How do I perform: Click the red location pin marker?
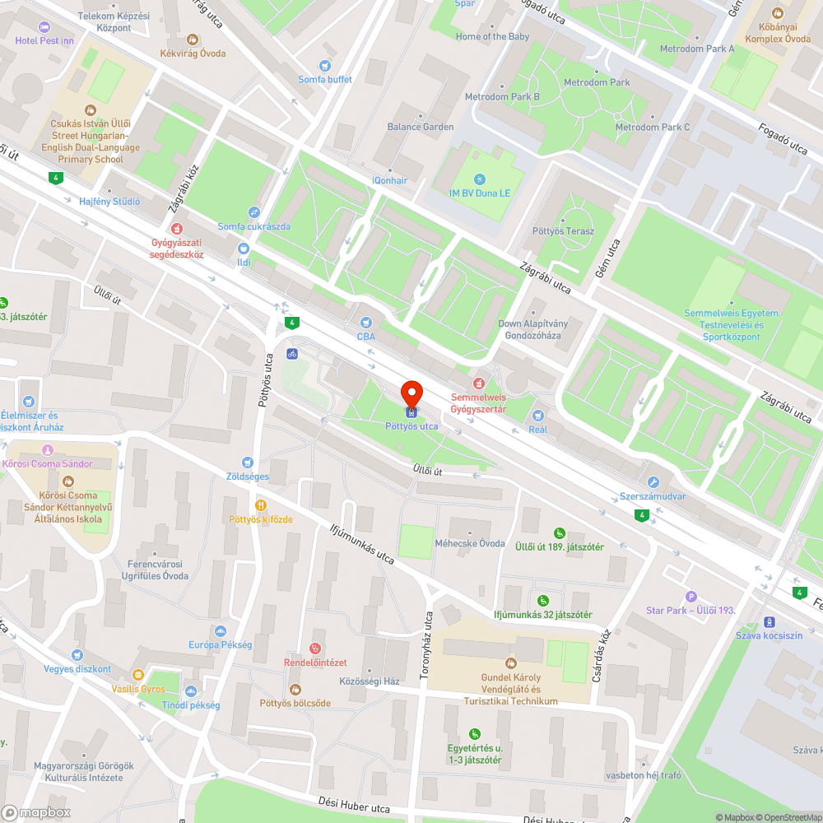click(411, 393)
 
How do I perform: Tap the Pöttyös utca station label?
click(411, 426)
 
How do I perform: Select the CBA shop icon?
click(366, 323)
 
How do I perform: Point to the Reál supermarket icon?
click(537, 416)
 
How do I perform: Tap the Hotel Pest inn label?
click(44, 40)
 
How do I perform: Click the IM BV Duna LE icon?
click(480, 179)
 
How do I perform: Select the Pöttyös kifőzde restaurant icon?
click(261, 505)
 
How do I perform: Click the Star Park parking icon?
click(690, 597)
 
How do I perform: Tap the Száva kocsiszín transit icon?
click(770, 622)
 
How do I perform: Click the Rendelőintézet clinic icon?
click(314, 649)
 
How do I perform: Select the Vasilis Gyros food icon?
click(138, 676)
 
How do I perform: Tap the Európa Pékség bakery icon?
click(220, 631)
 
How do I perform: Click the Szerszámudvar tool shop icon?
click(653, 483)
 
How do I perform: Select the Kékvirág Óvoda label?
click(193, 53)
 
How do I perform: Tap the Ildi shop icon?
click(244, 249)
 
